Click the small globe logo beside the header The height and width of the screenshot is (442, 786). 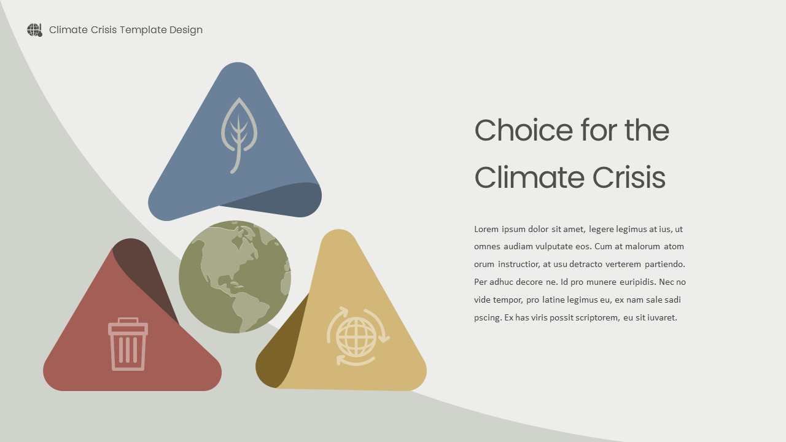tap(34, 30)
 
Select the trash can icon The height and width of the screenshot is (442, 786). tap(128, 344)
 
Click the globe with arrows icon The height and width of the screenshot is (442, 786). tap(357, 336)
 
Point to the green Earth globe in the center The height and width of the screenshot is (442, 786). tap(235, 277)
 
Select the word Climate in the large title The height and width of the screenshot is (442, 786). tap(529, 178)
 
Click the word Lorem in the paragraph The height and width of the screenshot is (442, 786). tap(486, 230)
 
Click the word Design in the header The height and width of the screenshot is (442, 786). tap(186, 30)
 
